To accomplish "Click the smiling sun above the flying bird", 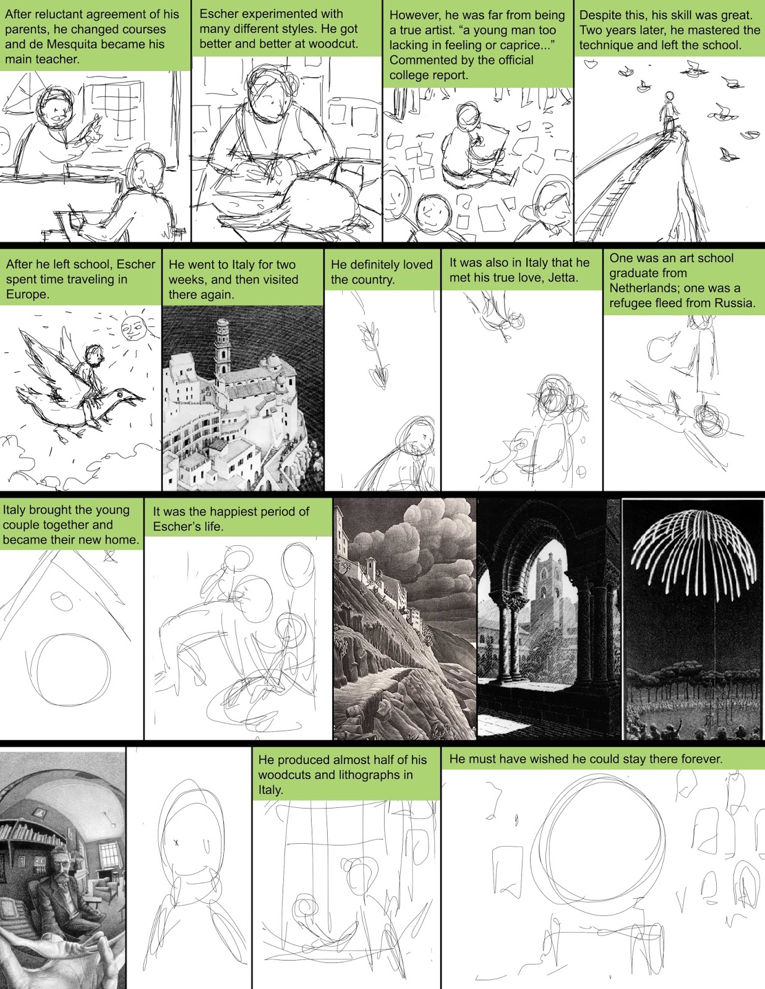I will [132, 327].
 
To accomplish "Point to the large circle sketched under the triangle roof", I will [68, 670].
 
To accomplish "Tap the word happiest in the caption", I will [236, 512].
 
